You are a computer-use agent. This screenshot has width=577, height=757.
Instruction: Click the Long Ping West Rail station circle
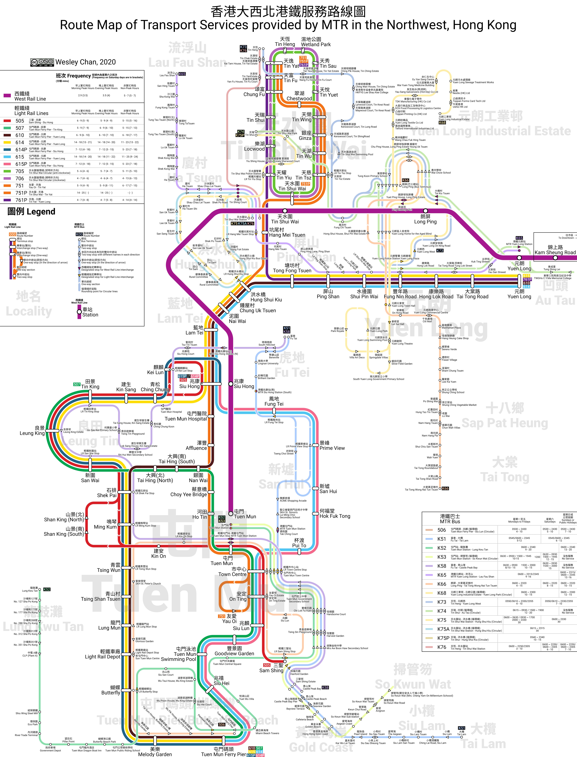426,211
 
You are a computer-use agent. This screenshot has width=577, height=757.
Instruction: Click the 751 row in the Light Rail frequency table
20,185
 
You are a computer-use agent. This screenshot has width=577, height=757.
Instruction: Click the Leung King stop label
32,430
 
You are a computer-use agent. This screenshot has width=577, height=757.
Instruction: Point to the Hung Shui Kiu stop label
266,297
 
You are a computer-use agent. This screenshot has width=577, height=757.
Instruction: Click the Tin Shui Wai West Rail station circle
285,211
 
